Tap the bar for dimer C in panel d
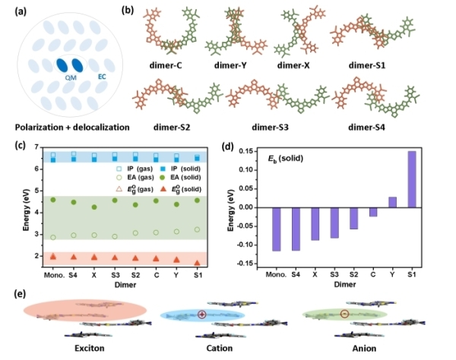pyautogui.click(x=373, y=212)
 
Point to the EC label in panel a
pyautogui.click(x=102, y=75)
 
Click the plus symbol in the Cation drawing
pyautogui.click(x=202, y=314)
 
